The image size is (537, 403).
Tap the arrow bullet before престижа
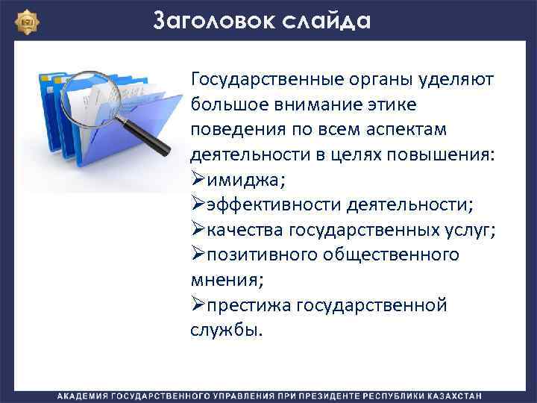(x=198, y=305)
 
